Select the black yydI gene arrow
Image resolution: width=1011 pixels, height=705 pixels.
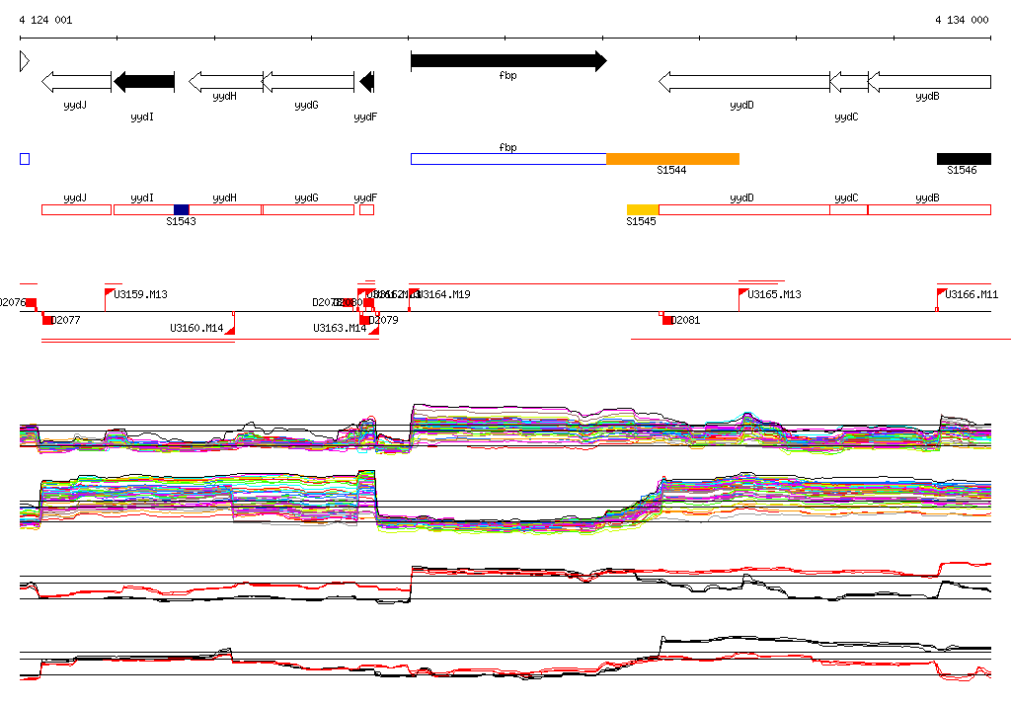point(144,82)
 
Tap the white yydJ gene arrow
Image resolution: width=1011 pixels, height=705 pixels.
point(77,82)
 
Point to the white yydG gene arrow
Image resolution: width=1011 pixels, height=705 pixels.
point(307,82)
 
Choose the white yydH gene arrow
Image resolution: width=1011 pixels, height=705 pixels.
point(225,82)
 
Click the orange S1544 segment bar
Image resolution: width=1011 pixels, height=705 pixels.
point(672,159)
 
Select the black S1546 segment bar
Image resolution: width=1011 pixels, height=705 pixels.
point(964,159)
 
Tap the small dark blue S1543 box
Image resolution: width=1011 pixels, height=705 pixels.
point(181,209)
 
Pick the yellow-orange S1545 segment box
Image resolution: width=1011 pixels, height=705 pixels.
point(643,209)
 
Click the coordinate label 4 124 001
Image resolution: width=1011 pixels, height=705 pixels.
point(45,20)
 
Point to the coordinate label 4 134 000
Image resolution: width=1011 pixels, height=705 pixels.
point(963,20)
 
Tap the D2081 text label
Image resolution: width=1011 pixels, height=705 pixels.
point(686,320)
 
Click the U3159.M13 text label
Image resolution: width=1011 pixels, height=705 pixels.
point(141,294)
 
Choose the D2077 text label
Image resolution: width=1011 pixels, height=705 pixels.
point(66,320)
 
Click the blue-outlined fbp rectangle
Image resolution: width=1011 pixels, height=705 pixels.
point(507,159)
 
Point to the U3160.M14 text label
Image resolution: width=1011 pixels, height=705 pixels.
point(196,328)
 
